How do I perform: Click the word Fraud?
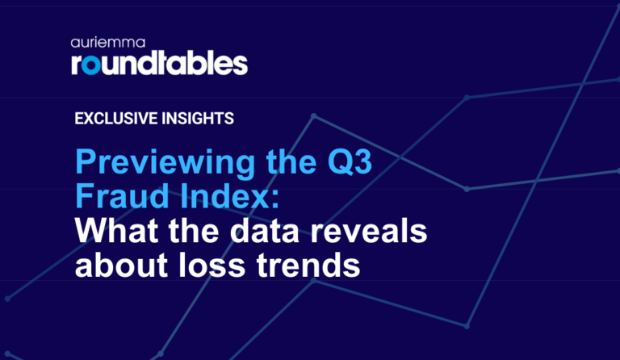[119, 197]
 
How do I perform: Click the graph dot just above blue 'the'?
[314, 116]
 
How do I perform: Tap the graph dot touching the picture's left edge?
[6, 298]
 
